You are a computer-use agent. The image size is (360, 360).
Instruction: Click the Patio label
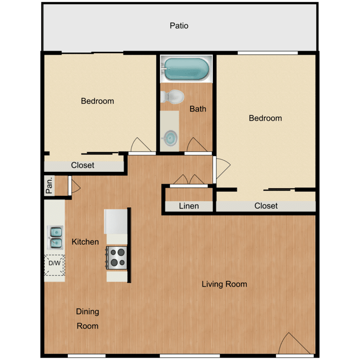179,25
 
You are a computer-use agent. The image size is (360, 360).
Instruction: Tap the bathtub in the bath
185,69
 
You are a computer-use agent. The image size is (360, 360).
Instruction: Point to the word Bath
198,109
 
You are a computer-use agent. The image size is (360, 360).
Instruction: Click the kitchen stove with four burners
117,257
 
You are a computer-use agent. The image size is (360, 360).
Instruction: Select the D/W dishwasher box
54,264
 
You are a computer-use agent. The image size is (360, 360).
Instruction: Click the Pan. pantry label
49,185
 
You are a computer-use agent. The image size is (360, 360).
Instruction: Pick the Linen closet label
189,206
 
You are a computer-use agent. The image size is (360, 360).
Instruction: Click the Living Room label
224,284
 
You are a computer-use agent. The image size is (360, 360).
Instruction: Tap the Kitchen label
85,242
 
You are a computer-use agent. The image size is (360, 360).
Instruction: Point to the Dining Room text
87,319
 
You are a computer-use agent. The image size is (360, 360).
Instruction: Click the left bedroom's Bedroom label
97,101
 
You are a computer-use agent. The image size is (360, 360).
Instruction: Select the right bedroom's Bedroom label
265,118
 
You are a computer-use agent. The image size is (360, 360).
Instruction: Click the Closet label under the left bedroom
83,166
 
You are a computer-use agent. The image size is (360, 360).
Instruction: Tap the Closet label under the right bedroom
266,206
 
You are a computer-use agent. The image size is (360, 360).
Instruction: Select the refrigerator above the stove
116,221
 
